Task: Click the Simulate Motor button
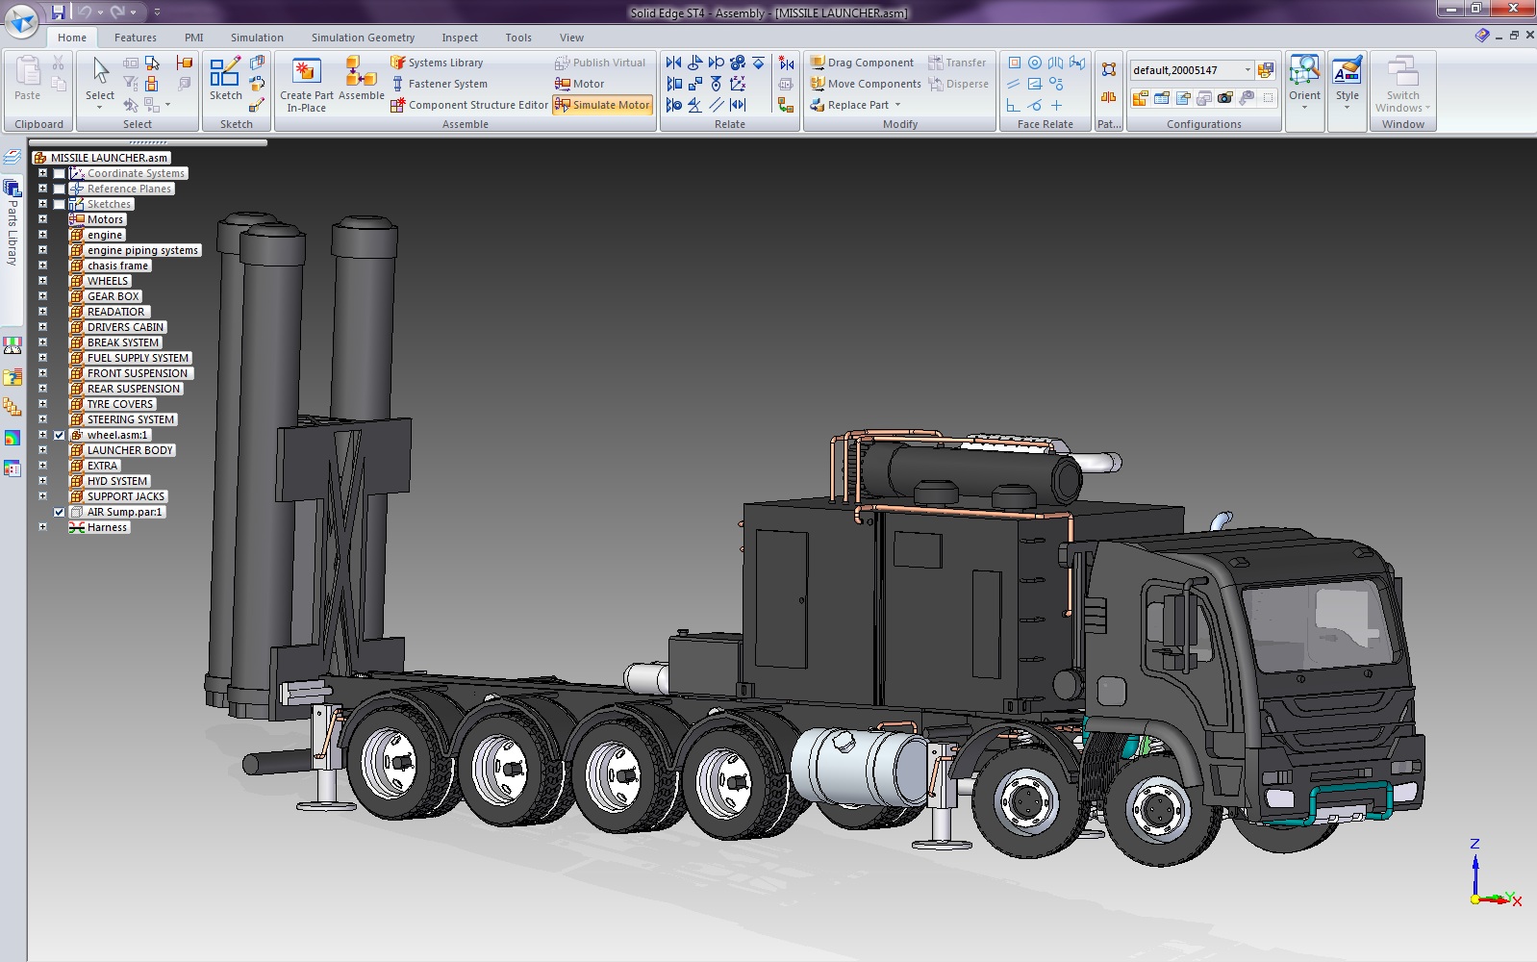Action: tap(603, 105)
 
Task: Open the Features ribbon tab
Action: tap(135, 38)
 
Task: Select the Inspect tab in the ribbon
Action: tap(459, 38)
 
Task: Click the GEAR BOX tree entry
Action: tap(113, 296)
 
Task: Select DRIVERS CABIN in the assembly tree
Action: tap(125, 327)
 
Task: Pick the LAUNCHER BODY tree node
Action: tap(130, 450)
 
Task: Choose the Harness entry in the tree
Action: tap(107, 527)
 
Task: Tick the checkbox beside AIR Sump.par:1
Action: tap(60, 512)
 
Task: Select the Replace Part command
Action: tap(857, 105)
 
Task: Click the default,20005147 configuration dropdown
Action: tap(1191, 70)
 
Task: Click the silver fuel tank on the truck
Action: tap(859, 767)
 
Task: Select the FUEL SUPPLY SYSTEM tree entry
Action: tap(138, 358)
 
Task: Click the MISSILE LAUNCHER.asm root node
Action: tap(109, 158)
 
